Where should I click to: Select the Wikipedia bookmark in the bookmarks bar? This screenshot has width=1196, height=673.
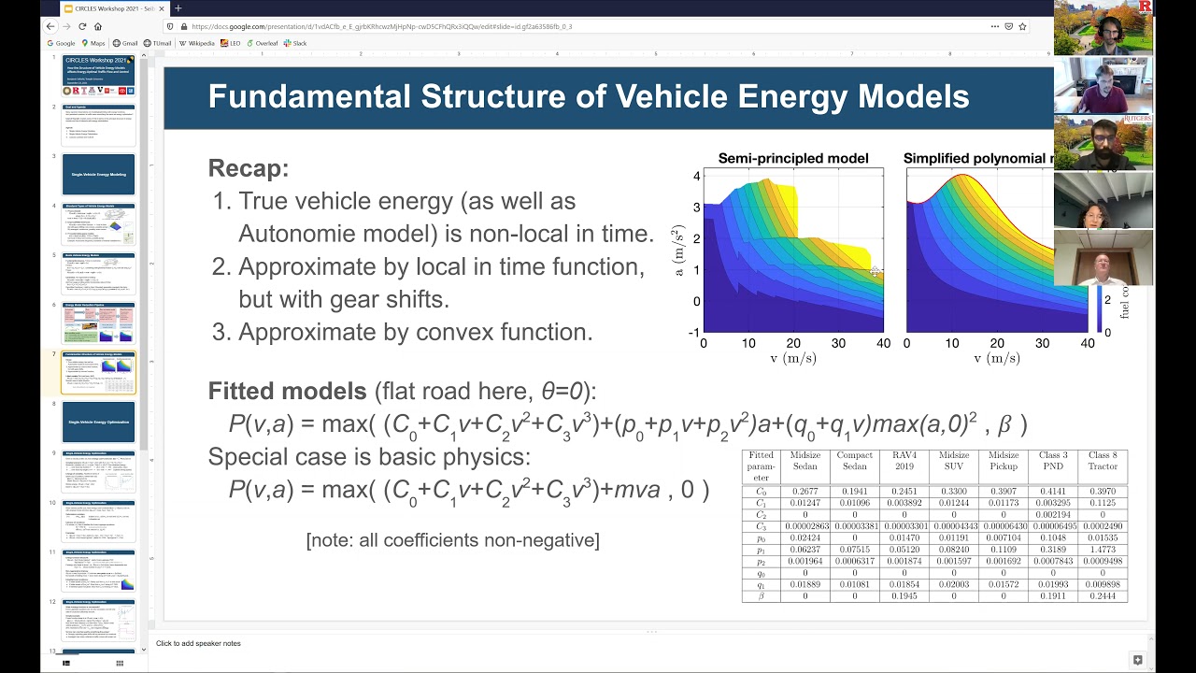coord(199,43)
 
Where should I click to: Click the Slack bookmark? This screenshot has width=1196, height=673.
coord(299,43)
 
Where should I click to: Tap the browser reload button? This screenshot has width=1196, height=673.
coord(82,26)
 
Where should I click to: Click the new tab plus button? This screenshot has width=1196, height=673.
coord(178,8)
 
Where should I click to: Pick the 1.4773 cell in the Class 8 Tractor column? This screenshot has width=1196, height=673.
coord(1102,551)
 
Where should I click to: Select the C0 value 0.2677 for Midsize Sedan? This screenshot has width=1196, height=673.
coord(805,491)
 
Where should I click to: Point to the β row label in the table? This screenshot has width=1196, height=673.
coord(761,595)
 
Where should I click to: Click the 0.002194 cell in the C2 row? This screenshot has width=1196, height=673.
coord(1052,515)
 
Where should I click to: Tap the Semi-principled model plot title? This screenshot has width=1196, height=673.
coord(792,159)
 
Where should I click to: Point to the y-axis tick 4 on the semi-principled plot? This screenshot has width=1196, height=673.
coord(696,177)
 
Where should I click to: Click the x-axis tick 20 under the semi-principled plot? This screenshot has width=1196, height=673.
coord(793,344)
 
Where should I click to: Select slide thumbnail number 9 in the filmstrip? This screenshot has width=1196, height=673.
coord(98,471)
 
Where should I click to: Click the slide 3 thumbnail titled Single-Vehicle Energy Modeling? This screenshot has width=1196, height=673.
coord(98,174)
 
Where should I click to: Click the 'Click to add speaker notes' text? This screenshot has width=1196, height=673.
coord(198,643)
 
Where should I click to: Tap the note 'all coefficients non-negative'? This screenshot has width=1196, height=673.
coord(452,540)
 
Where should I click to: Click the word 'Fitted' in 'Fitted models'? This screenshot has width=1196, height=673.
coord(240,391)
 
